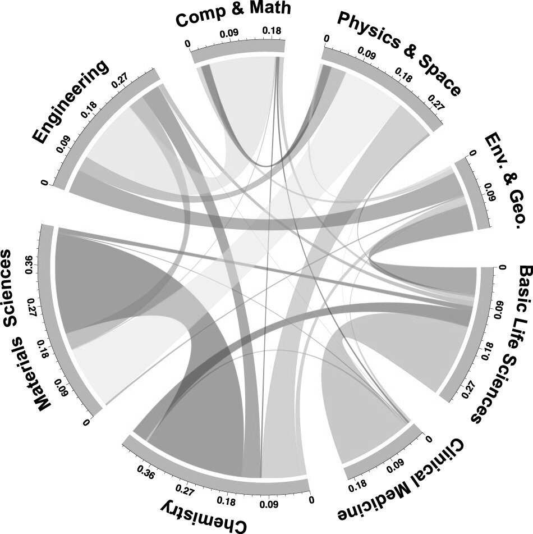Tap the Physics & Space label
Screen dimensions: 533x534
pyautogui.click(x=398, y=53)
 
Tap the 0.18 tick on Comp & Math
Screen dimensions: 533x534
pyautogui.click(x=272, y=31)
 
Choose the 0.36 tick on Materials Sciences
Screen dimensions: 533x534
pyautogui.click(x=29, y=266)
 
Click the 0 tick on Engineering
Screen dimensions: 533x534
pyautogui.click(x=44, y=183)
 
